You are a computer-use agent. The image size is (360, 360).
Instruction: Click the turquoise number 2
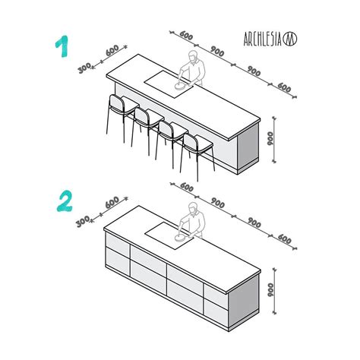pyautogui.click(x=65, y=201)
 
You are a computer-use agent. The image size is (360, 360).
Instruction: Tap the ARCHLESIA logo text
pyautogui.click(x=264, y=39)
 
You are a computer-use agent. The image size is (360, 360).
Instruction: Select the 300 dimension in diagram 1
pyautogui.click(x=84, y=68)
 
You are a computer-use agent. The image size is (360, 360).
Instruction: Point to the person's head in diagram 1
pyautogui.click(x=194, y=58)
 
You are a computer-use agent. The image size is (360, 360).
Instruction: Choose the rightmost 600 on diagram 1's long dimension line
pyautogui.click(x=284, y=88)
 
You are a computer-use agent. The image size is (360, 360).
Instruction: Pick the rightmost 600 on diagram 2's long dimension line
pyautogui.click(x=284, y=239)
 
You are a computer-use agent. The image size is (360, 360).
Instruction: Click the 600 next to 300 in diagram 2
pyautogui.click(x=112, y=203)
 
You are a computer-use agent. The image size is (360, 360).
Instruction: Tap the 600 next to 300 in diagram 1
pyautogui.click(x=112, y=52)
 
